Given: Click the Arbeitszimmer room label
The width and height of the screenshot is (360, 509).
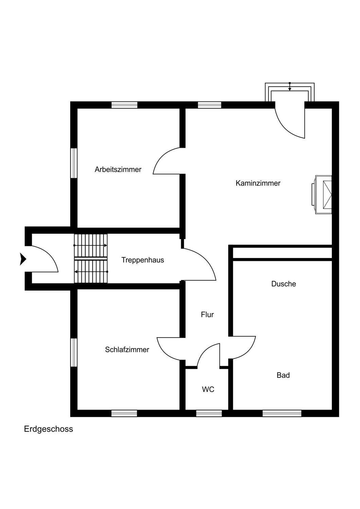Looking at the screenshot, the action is coord(118,169).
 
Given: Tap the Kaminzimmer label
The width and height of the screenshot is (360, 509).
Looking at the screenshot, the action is coord(258,183).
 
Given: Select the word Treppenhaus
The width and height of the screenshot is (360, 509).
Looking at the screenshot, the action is coord(143,260).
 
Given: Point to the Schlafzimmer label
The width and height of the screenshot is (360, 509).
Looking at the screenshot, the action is coord(127,350).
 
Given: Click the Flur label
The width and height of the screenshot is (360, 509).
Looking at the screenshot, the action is coord(207,315).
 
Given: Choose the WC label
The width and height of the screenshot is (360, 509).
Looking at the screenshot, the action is coord(208,390).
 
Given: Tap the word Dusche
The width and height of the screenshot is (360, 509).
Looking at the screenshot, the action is coord(284,284).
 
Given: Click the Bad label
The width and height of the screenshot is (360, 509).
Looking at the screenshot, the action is coord(283,375).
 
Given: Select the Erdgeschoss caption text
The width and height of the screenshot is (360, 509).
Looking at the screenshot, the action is coord(49,429).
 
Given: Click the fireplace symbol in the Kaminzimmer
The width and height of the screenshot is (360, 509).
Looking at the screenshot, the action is coord(322,194).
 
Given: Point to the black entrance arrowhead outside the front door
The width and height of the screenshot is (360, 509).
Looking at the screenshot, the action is coord(23,259).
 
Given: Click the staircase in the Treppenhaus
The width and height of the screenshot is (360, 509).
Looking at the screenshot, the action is coord(91,259).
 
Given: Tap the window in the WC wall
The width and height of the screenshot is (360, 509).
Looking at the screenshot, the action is coord(209,413).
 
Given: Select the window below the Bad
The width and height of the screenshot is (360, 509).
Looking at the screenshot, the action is coord(282,413).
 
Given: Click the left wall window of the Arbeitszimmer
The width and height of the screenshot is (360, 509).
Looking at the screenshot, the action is coord(74,163).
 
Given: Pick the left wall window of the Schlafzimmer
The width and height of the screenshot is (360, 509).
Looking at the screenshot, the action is coord(74,353).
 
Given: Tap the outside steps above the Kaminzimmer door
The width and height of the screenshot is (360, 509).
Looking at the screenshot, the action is coord(289,92).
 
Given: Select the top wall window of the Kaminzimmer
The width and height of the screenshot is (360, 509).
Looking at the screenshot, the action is coord(210,105).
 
